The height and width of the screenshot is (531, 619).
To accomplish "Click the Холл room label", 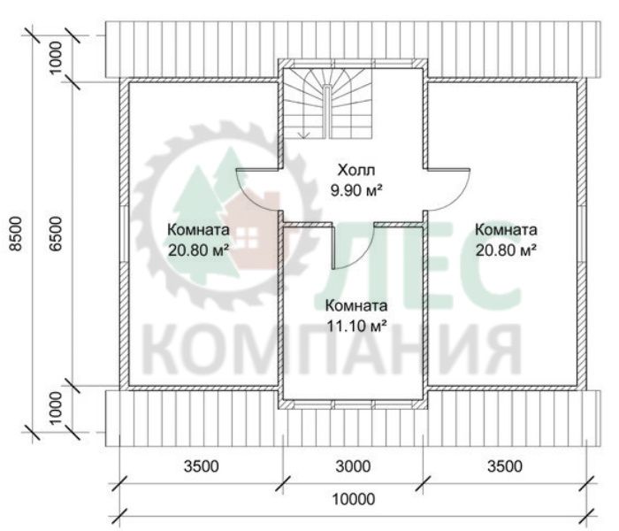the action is (356, 170).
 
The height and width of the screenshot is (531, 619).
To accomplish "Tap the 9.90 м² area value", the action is (356, 191).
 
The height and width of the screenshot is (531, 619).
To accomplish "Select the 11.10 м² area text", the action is (356, 326).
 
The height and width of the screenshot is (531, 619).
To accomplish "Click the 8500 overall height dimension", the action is (16, 233).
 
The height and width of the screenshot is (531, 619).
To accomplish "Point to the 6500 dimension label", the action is (56, 233).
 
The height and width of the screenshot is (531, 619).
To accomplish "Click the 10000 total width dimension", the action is (354, 499).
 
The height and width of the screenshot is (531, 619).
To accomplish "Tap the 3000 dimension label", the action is (354, 466).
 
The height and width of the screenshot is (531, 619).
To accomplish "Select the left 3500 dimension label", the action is (202, 466).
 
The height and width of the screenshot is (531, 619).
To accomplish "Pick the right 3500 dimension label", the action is (505, 466).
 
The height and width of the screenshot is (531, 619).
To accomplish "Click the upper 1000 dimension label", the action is (56, 58).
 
